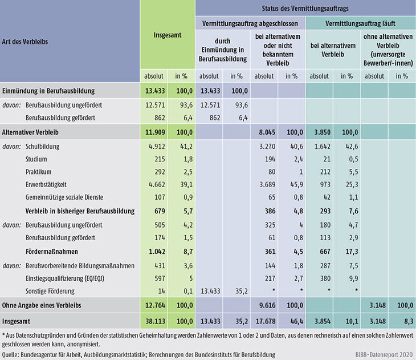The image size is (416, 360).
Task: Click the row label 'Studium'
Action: coord(36,159)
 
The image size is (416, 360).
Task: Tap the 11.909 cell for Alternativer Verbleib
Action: coord(154,132)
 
